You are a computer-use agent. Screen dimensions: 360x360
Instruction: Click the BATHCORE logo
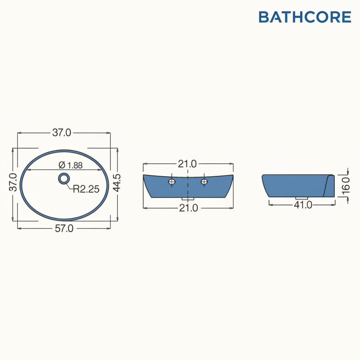pyautogui.click(x=305, y=17)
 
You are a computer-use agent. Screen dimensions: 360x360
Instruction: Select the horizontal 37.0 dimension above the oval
pyautogui.click(x=62, y=133)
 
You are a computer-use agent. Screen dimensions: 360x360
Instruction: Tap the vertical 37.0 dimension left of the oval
pyautogui.click(x=13, y=182)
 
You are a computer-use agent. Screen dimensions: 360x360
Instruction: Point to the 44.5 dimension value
pyautogui.click(x=117, y=182)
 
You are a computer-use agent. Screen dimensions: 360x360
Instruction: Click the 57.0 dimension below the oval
pyautogui.click(x=64, y=229)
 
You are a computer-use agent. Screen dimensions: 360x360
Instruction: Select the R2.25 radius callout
pyautogui.click(x=86, y=189)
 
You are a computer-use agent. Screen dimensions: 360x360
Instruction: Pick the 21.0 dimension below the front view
pyautogui.click(x=188, y=208)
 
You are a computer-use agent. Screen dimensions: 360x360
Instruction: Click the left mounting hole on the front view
pyautogui.click(x=172, y=181)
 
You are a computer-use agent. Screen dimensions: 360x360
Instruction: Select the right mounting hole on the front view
pyautogui.click(x=204, y=181)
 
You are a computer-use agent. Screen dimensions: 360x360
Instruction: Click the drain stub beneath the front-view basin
pyautogui.click(x=188, y=199)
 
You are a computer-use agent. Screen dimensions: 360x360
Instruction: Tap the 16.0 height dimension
pyautogui.click(x=346, y=185)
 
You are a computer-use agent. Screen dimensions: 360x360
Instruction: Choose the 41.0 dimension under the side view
pyautogui.click(x=303, y=205)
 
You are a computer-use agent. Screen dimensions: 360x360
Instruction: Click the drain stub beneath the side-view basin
pyautogui.click(x=302, y=198)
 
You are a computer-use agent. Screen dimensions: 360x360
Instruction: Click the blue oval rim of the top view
pyautogui.click(x=21, y=185)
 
